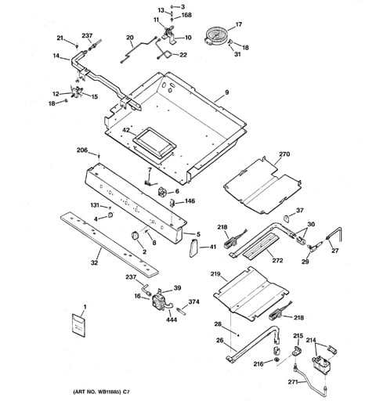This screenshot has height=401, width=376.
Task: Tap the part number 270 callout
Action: pos(284,154)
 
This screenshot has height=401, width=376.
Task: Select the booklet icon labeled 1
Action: pos(78,325)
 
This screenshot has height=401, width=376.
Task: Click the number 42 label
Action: pos(126,130)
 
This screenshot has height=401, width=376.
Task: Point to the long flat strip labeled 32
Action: pos(110,245)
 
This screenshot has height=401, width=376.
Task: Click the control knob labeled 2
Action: pos(135,235)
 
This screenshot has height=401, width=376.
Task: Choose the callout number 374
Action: pos(193,302)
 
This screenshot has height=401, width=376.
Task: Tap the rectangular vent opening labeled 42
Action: pos(154,143)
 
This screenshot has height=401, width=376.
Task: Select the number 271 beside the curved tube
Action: pos(293,382)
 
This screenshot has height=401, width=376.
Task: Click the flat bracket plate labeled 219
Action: pos(251,293)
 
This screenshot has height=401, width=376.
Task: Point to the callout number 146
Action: pos(190,200)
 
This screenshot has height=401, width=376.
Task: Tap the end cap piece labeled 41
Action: pos(193,248)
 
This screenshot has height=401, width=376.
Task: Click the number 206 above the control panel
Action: pos(82,150)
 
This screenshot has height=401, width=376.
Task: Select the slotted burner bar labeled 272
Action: pos(261,245)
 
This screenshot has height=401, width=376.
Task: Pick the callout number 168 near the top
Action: pos(186,15)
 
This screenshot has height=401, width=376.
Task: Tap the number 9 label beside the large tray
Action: pos(226,92)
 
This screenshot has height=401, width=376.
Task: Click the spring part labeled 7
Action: pos(149,182)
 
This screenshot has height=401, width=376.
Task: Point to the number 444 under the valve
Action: pos(172,320)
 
